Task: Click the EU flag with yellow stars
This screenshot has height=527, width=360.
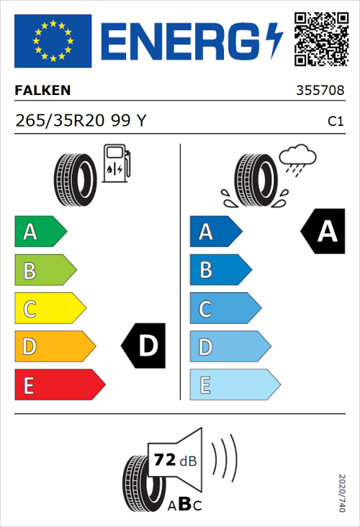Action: pyautogui.click(x=53, y=40)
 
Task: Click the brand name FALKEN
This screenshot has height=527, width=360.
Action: pyautogui.click(x=43, y=91)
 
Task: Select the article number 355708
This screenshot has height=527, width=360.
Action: pyautogui.click(x=319, y=91)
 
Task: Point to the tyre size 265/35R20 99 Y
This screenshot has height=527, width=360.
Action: pyautogui.click(x=81, y=122)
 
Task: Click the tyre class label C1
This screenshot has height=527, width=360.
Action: pyautogui.click(x=335, y=122)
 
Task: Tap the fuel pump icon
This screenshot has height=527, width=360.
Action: pyautogui.click(x=117, y=163)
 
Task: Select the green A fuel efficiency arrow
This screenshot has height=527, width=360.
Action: pyautogui.click(x=40, y=232)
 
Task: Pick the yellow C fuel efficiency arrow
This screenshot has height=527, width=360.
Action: pyautogui.click(x=49, y=308)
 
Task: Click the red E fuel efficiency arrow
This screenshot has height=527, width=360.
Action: pyautogui.click(x=59, y=385)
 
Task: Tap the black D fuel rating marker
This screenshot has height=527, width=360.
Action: pyautogui.click(x=145, y=346)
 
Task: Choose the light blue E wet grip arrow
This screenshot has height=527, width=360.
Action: pyautogui.click(x=234, y=385)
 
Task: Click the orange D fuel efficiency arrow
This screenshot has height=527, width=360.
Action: pyautogui.click(x=54, y=346)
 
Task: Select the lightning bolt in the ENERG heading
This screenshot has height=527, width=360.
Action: pyautogui.click(x=274, y=40)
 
